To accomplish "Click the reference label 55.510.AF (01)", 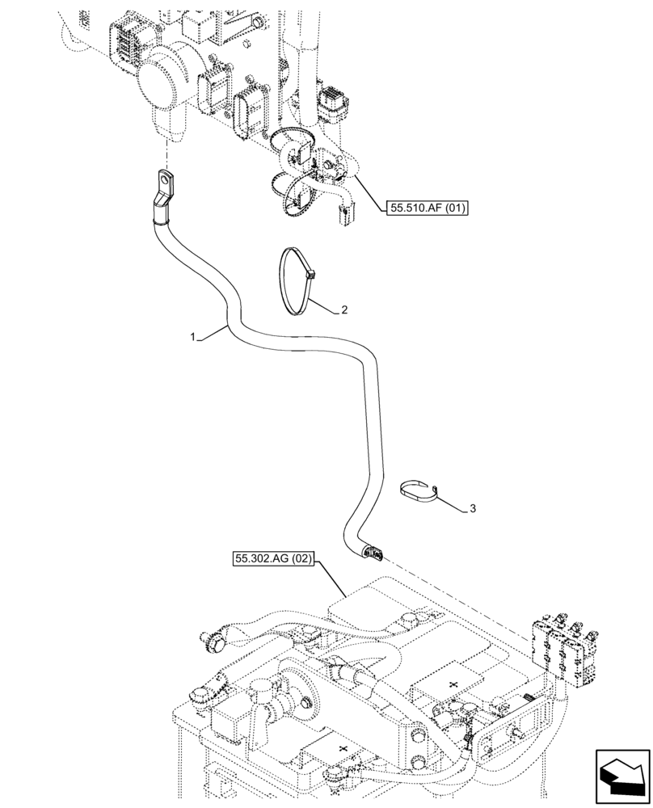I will pos(428,208).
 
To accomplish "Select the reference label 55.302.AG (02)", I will pos(274,558).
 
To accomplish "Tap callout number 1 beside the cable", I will pos(192,337).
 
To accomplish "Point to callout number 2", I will pos(345,309).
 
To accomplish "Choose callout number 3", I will pos(474,508).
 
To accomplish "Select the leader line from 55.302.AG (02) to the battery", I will pos(335,579).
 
